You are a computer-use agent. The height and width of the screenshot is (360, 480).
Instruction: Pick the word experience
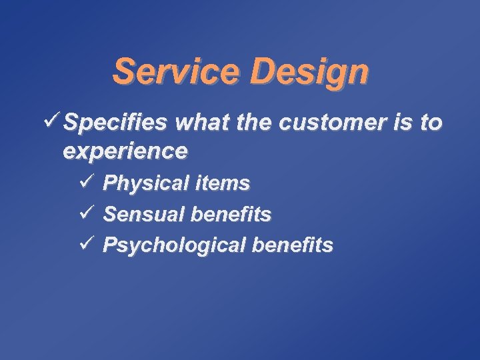click(125, 152)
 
